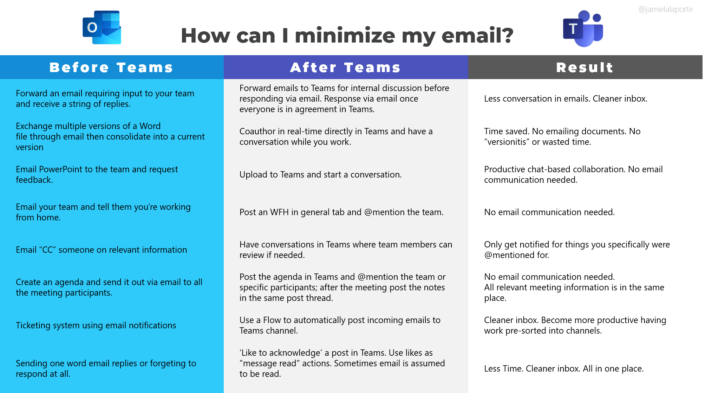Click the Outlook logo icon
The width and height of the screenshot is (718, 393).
(102, 27)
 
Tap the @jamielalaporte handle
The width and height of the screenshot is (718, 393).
(665, 9)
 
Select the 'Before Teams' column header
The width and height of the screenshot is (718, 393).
(111, 67)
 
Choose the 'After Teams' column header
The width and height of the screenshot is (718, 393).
(345, 67)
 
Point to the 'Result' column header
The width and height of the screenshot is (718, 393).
(585, 67)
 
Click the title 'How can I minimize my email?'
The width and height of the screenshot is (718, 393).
(347, 36)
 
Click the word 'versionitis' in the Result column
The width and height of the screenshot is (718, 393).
(507, 142)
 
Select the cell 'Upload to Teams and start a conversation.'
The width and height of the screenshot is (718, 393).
(320, 175)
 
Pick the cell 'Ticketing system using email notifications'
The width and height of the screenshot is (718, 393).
(96, 326)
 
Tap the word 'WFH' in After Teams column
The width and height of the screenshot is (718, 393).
(279, 212)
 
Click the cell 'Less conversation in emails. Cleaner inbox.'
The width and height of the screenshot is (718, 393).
(566, 99)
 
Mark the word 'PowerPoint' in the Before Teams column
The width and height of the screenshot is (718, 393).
(60, 169)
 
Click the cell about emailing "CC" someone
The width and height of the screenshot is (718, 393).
(101, 250)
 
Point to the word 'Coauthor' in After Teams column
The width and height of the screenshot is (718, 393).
(257, 131)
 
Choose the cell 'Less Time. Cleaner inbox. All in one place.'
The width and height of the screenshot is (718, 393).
(564, 369)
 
